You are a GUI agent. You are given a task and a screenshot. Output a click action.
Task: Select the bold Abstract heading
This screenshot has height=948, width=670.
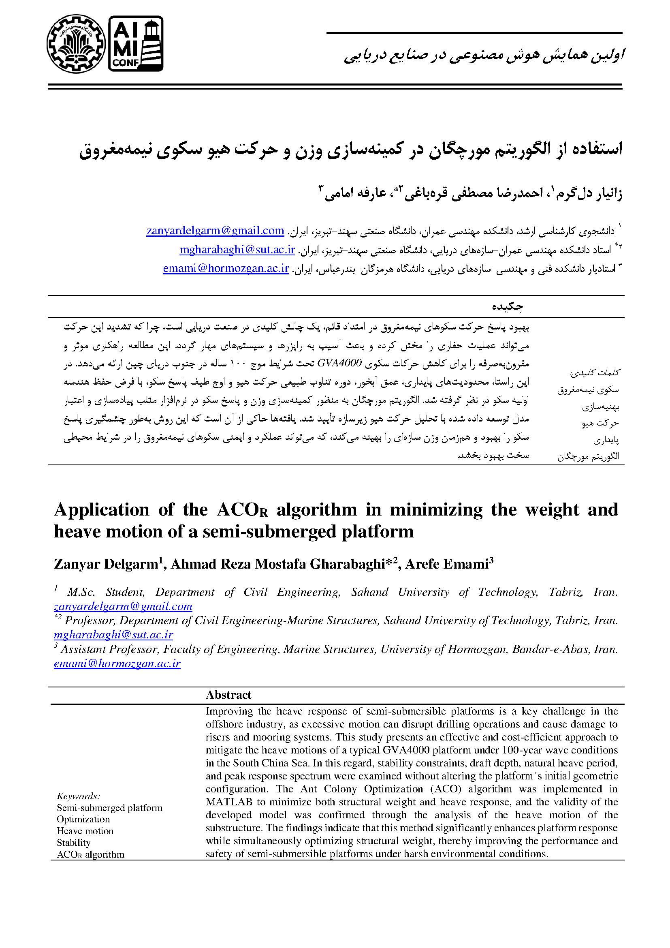[228, 695]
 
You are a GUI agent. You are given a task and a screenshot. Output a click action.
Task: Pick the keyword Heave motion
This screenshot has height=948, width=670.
[85, 831]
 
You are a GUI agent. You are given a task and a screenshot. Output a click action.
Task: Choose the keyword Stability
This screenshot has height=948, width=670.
[73, 843]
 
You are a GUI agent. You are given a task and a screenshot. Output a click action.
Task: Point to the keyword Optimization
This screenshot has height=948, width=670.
[83, 819]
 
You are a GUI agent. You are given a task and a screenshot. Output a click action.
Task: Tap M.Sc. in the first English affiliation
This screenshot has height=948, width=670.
[81, 592]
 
